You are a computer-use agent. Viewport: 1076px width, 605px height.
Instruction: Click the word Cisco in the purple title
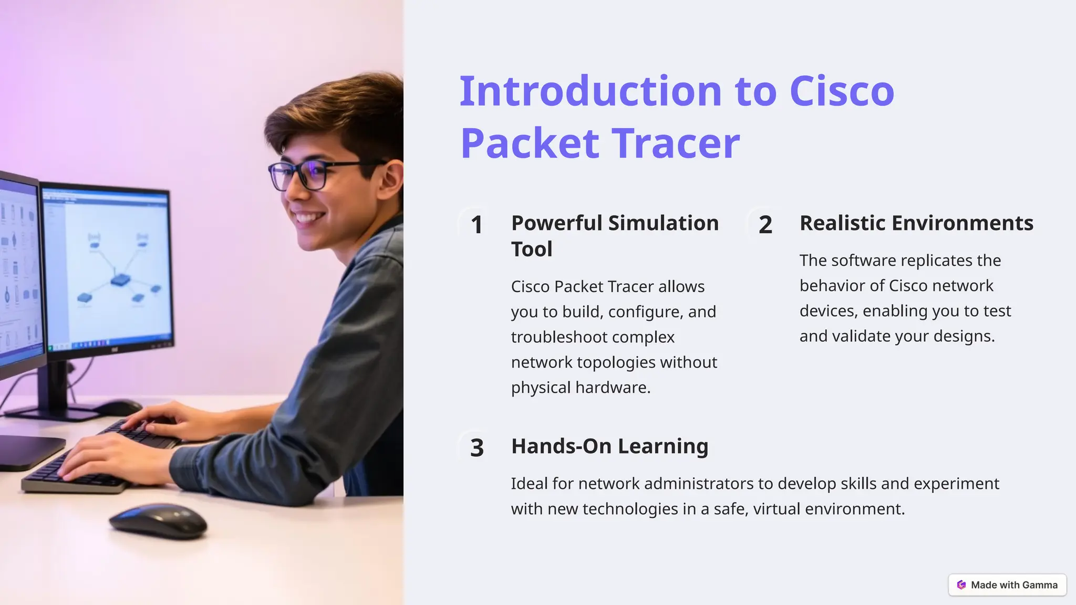pos(842,91)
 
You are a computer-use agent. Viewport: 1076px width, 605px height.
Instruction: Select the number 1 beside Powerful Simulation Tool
pos(477,225)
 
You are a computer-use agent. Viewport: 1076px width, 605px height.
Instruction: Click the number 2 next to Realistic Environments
pos(765,225)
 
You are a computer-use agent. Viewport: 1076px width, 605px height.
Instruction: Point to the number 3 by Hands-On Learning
pos(477,448)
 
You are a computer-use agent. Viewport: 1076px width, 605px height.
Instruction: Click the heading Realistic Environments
pos(916,223)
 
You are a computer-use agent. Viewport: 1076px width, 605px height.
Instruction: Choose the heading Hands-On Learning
pos(609,446)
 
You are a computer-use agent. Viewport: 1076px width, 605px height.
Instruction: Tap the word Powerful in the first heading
pos(557,223)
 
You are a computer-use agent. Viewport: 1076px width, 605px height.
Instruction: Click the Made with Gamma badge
pos(1007,585)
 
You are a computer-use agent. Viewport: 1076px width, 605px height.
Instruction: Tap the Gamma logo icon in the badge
pos(961,585)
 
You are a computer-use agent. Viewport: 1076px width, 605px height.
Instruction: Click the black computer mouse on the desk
pos(158,520)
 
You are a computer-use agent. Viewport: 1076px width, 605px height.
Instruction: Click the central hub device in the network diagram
pos(120,280)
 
